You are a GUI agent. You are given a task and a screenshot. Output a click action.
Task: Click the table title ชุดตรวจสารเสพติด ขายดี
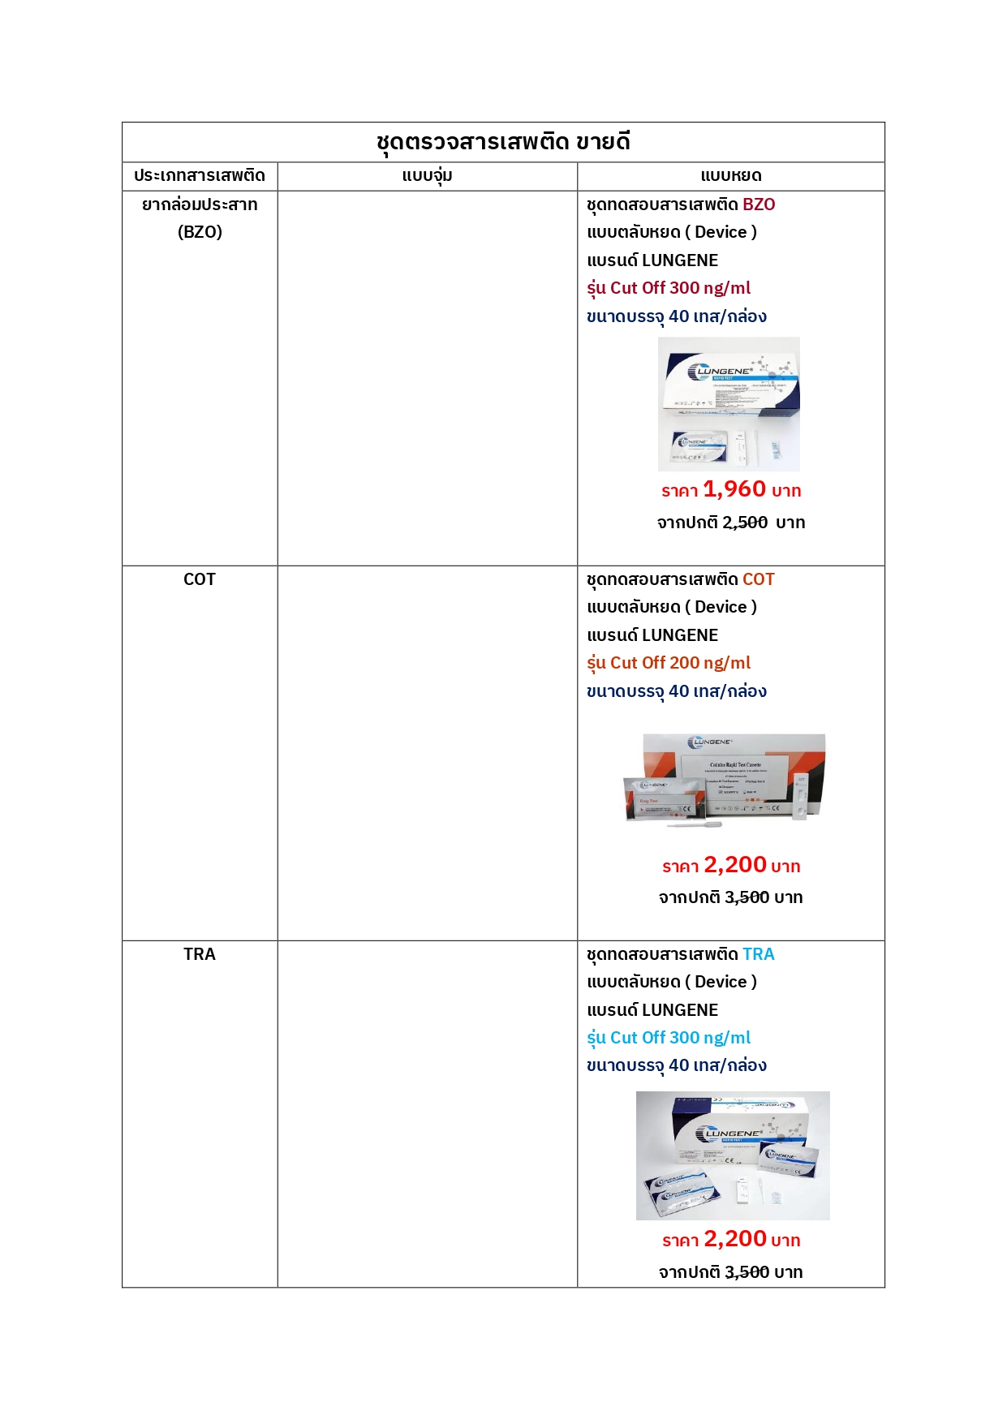coord(503,142)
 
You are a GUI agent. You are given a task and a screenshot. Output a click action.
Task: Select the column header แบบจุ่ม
coord(427,175)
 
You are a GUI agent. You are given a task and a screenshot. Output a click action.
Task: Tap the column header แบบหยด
coord(730,175)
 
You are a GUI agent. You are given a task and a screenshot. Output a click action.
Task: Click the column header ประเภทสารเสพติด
coord(200,175)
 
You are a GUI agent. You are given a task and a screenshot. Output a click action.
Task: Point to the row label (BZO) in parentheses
coord(200,232)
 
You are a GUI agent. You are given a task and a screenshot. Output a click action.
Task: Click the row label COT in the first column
coord(200,579)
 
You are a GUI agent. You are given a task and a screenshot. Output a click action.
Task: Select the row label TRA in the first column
coord(200,954)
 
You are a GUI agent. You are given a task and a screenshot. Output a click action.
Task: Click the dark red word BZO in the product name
coord(759,204)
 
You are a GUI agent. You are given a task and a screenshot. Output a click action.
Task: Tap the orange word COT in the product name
coord(759,579)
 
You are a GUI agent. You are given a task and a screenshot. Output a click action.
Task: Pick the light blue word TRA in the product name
coord(759,954)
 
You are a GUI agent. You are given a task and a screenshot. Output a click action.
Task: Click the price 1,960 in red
coord(734,489)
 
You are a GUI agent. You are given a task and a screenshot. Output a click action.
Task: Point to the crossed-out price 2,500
coord(745,523)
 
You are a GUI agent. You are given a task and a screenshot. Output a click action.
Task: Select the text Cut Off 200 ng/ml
coord(680,663)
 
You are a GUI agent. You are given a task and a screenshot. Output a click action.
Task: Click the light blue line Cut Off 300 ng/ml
coord(680,1038)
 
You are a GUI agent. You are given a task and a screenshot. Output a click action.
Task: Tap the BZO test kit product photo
coord(729,404)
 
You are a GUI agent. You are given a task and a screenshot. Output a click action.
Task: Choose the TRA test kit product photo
coord(733,1155)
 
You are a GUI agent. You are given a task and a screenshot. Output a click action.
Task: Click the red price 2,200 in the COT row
coord(735,865)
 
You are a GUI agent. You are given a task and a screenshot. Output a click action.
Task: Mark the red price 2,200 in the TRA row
coord(735,1239)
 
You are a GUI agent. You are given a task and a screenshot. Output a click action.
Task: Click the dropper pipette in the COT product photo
coord(695,825)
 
